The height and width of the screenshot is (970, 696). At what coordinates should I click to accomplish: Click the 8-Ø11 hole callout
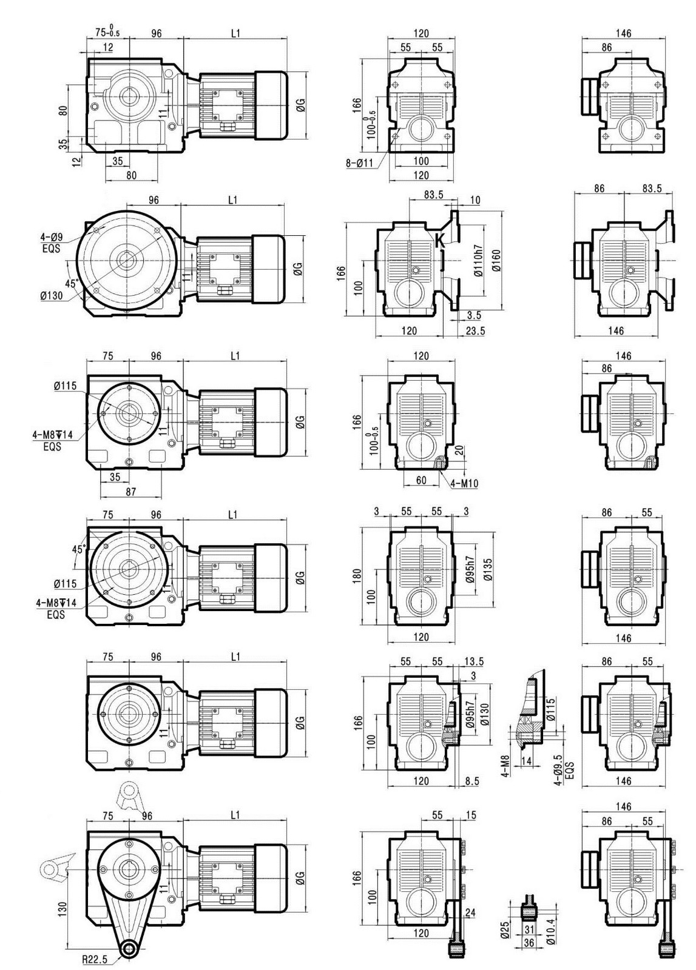359,164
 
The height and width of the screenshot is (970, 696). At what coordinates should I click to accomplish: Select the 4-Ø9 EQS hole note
52,243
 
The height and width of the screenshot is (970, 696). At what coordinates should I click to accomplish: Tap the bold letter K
440,240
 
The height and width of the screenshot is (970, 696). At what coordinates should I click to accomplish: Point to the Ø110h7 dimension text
478,261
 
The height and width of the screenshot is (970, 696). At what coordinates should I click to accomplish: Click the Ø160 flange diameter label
496,260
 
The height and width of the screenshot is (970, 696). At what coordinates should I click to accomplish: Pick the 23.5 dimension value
475,331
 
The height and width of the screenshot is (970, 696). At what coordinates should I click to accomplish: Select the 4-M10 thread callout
464,483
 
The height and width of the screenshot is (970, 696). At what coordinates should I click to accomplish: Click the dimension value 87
131,492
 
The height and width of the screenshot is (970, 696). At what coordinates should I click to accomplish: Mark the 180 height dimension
357,576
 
